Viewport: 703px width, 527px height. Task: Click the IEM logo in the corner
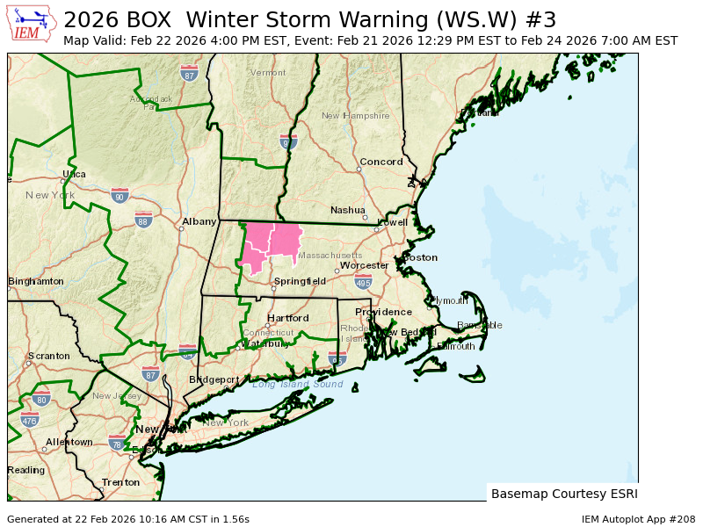(33, 24)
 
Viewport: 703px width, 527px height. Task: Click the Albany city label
(199, 222)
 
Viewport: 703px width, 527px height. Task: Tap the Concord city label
(381, 162)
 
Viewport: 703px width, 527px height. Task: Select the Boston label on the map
(420, 257)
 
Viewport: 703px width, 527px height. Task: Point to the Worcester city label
(364, 265)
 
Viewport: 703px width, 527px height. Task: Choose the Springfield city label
(300, 281)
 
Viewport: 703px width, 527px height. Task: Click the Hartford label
(288, 318)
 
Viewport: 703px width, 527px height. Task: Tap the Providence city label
(383, 312)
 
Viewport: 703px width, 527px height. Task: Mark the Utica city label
(74, 175)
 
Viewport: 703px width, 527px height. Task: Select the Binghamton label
(36, 281)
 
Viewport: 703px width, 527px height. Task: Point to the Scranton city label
(48, 356)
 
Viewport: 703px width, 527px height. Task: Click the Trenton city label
(120, 482)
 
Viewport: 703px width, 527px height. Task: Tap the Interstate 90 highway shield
(120, 195)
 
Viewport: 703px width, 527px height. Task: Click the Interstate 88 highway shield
(143, 219)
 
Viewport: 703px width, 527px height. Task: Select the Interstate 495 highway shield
(363, 282)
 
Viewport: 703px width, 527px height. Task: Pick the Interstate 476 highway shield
(30, 420)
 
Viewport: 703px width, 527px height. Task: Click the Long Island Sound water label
(297, 384)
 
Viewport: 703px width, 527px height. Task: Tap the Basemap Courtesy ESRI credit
(564, 494)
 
